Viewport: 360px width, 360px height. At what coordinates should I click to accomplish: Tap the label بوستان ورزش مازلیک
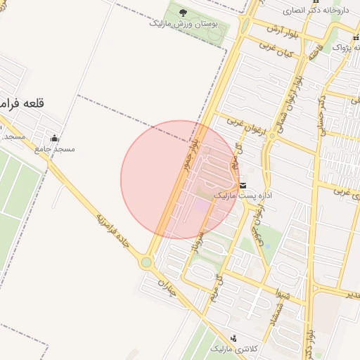pos(184,23)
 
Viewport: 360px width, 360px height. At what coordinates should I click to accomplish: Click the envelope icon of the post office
pos(243,185)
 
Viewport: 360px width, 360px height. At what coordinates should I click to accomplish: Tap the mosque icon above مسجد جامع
pos(54,138)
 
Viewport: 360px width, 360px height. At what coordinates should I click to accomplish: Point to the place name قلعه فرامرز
pos(22,104)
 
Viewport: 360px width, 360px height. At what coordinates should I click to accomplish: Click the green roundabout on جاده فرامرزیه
pos(146,262)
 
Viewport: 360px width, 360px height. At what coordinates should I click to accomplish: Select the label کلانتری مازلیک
pos(235,349)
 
